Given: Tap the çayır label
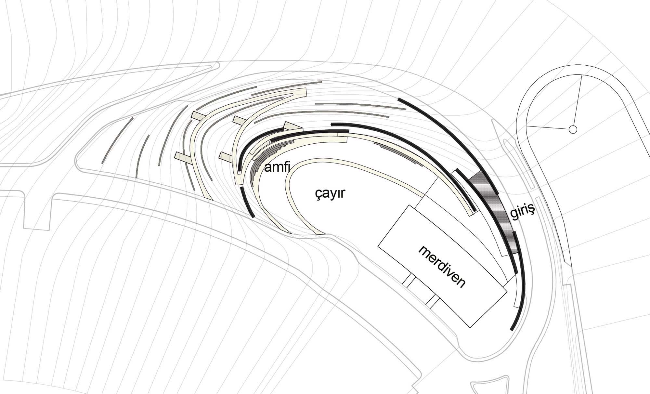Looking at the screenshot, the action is click(330, 194).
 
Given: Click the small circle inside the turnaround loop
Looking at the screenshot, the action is click(573, 130).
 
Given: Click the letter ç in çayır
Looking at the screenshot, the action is click(318, 195).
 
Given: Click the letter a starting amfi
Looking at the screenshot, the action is click(268, 168).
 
